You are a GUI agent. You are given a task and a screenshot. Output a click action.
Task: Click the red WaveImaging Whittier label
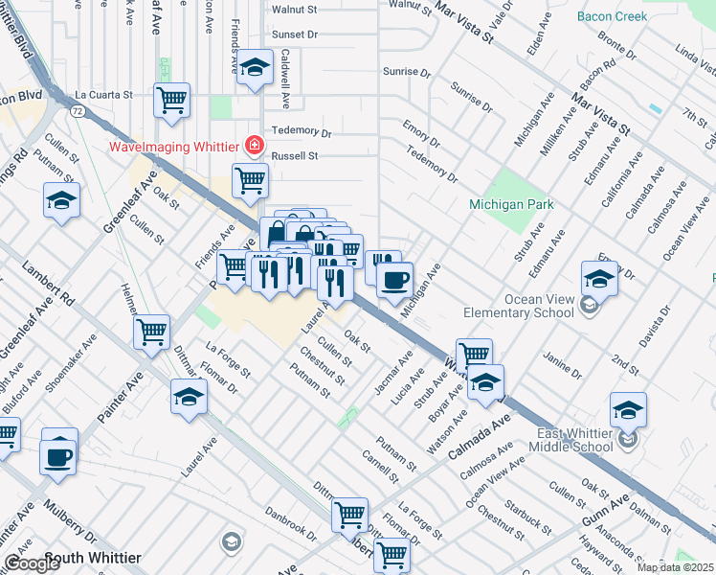pos(174,147)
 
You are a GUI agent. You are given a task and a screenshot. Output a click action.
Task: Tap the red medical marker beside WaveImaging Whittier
pos(254,147)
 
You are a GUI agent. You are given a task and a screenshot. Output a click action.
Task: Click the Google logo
pos(32,564)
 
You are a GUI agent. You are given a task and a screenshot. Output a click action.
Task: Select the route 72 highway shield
pos(74,112)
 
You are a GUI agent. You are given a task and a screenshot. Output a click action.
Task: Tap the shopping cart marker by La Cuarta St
pos(171,100)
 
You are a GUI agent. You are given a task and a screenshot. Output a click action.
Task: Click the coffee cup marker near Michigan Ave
pos(394,280)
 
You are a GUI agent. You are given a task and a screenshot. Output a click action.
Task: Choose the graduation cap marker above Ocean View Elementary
pos(599,278)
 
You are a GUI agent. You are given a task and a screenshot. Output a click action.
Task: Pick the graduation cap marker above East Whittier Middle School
pos(628,409)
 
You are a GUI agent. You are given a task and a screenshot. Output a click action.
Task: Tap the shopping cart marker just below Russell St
pos(250,180)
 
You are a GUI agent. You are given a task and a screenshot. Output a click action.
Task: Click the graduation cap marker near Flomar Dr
pos(189,396)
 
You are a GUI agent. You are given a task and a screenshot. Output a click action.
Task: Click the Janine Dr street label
pos(562,366)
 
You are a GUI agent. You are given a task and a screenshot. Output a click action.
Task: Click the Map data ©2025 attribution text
pos(675,567)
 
